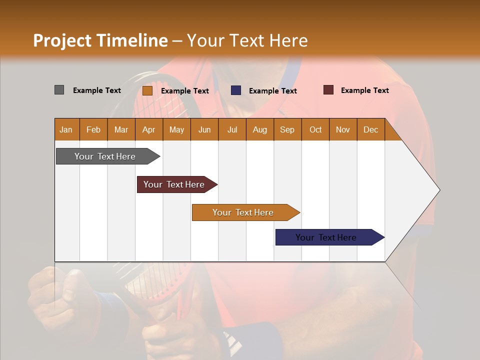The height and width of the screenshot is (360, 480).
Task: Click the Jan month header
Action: click(x=66, y=129)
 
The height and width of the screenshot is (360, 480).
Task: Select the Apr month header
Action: click(x=148, y=129)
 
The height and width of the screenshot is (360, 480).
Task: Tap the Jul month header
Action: click(x=232, y=129)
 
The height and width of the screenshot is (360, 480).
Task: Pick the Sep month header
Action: click(x=287, y=129)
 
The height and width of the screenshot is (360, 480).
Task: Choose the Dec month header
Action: click(x=370, y=129)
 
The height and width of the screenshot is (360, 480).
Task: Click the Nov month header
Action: click(x=342, y=129)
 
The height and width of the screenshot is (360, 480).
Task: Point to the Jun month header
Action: click(x=204, y=129)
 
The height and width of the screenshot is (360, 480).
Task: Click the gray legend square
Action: click(x=59, y=90)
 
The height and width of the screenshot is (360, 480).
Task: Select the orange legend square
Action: click(x=147, y=90)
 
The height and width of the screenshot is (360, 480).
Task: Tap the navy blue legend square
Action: click(x=235, y=90)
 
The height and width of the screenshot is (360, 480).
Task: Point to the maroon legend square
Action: click(x=328, y=90)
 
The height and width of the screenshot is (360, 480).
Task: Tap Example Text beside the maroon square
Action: click(x=364, y=90)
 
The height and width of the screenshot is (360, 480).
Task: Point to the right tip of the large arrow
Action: click(x=439, y=189)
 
